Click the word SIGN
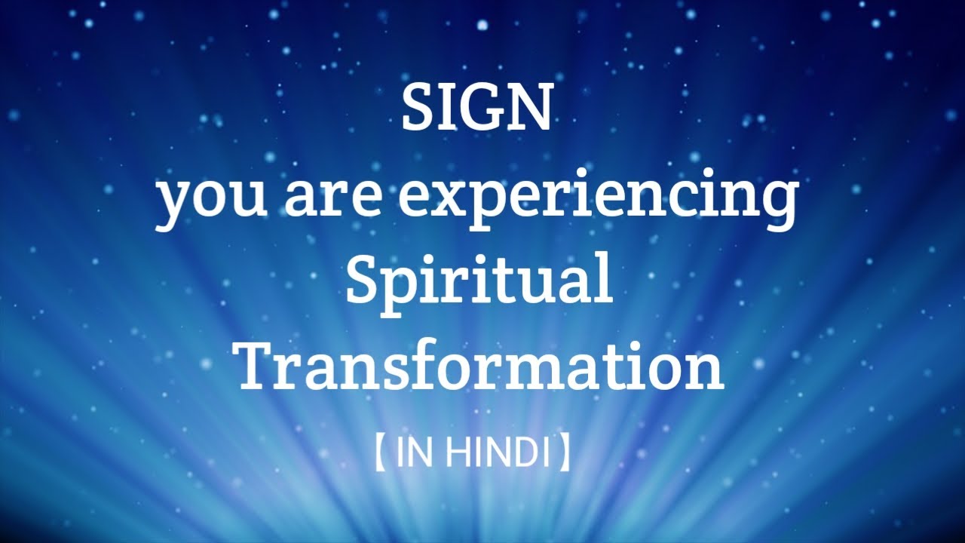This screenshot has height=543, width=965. [476, 106]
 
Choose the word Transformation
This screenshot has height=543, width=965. [481, 366]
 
